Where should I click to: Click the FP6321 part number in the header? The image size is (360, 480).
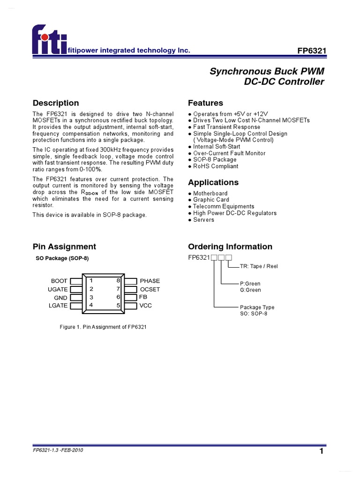[x=312, y=51]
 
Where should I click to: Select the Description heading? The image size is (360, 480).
[x=56, y=103]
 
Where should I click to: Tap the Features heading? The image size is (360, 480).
[x=205, y=103]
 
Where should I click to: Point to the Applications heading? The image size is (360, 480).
[x=213, y=182]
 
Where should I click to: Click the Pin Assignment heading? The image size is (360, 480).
[x=64, y=247]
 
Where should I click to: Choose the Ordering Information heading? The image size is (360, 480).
[x=230, y=247]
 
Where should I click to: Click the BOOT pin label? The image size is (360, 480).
[x=60, y=281]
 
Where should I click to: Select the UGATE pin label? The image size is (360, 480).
[x=58, y=289]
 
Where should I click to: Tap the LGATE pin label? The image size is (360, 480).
[x=58, y=306]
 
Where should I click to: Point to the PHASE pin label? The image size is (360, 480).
[x=150, y=281]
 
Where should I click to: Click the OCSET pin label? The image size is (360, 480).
[x=150, y=289]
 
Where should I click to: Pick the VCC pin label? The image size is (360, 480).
[x=146, y=306]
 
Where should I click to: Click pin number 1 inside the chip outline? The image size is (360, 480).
[x=91, y=281]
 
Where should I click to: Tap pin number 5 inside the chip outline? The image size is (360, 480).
[x=119, y=306]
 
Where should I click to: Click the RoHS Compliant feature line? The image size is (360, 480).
[x=216, y=166]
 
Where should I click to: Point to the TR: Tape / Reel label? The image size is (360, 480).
[x=259, y=266]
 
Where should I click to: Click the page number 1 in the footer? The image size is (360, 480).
[x=322, y=451]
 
